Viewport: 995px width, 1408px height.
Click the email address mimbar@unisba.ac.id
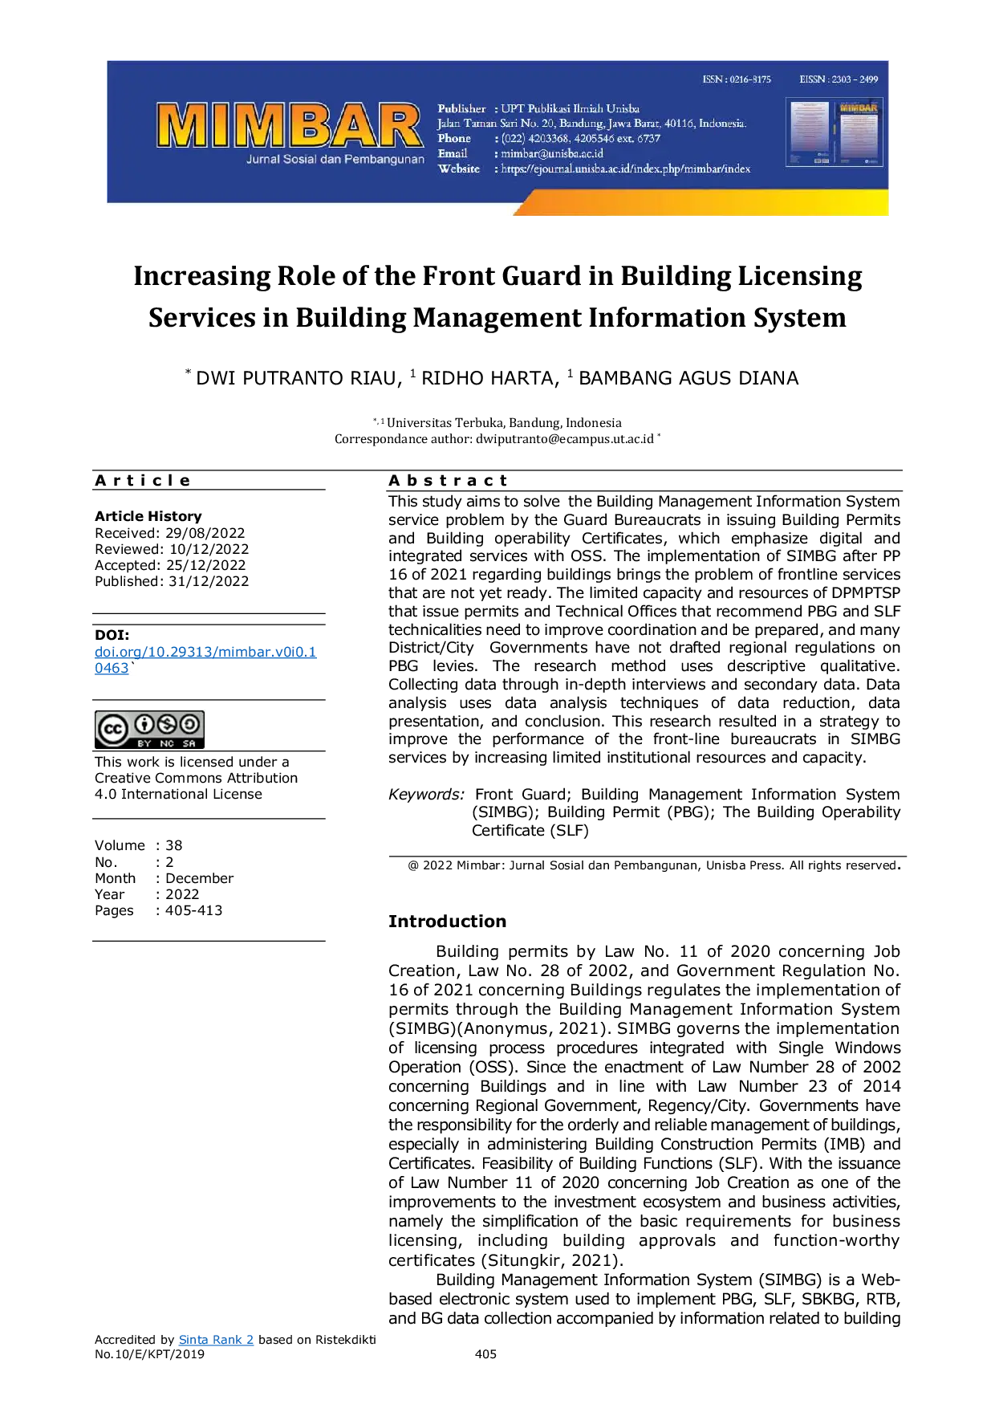coord(552,153)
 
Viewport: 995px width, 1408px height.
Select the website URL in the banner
coord(626,169)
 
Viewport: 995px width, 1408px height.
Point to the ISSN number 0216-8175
coord(750,79)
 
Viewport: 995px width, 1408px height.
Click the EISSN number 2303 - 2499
coord(855,79)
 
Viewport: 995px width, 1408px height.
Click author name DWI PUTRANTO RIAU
coord(296,378)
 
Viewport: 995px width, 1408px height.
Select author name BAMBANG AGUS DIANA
coord(688,378)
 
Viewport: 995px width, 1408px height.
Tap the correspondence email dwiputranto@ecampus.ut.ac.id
coord(565,439)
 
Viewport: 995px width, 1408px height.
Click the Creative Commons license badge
coord(149,730)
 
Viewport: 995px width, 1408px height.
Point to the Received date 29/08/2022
coord(205,533)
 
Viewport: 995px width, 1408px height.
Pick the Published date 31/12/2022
coord(209,581)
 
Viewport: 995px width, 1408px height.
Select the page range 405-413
coord(194,910)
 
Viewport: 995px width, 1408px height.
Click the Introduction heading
coord(448,922)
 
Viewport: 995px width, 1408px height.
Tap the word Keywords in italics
coord(426,795)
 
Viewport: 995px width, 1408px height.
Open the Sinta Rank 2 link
coord(216,1340)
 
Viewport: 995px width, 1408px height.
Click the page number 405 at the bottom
coord(486,1354)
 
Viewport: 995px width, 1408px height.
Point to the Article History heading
coord(148,516)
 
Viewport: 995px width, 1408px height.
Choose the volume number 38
coord(174,845)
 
